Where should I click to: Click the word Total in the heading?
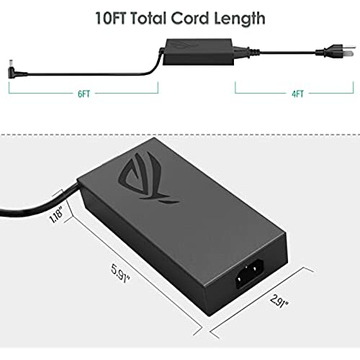coord(148,18)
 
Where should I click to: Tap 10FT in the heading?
coord(111,18)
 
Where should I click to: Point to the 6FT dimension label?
coord(84,94)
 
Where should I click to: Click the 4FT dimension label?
coord(297,94)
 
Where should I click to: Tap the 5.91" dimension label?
coord(120,273)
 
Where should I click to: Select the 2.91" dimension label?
coord(279,302)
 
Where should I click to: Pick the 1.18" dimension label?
coord(56,214)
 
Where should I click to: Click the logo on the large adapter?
coord(147,178)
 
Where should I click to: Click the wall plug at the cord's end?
coord(336,51)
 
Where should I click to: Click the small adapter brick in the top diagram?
coord(198,51)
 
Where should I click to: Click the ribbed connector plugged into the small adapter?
coord(247,52)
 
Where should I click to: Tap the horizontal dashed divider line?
coord(180,135)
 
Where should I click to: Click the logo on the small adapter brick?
coord(184,44)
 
